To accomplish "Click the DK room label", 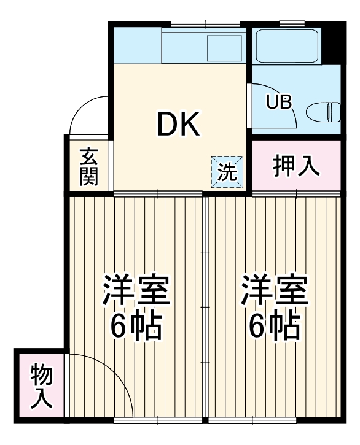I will [178, 125].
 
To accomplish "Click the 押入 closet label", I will [297, 166].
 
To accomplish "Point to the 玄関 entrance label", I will [88, 167].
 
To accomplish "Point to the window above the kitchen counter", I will [188, 24].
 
